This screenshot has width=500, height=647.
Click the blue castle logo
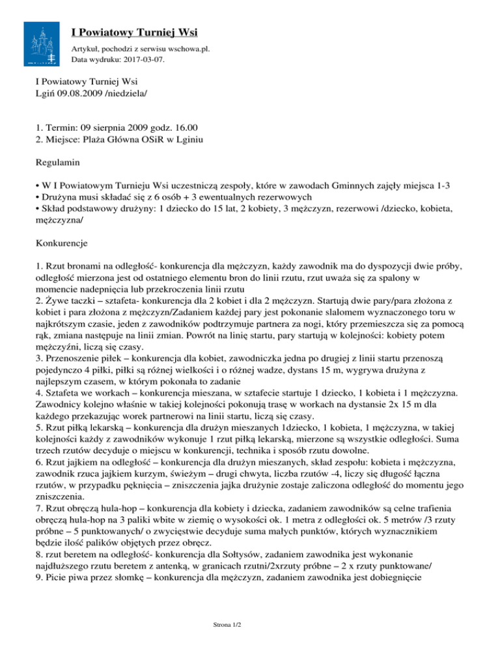44,43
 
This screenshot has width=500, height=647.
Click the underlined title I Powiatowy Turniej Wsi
135,32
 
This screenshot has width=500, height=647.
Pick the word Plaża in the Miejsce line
105,139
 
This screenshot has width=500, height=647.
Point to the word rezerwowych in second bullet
284,197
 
